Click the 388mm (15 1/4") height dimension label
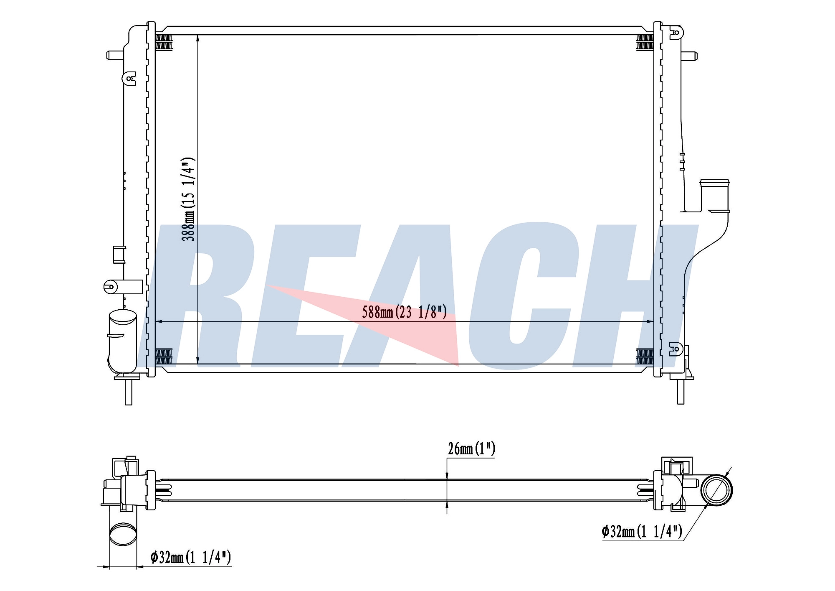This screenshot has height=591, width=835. (188, 199)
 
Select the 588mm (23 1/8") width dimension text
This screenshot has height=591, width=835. (404, 312)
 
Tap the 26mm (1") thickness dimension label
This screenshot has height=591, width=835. (471, 449)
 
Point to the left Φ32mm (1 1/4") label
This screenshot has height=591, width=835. (190, 557)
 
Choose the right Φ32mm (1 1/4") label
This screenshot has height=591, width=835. (642, 531)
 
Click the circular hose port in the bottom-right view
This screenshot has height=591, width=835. (716, 490)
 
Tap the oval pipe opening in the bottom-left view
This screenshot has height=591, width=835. (123, 535)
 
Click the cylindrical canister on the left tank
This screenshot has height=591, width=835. (122, 341)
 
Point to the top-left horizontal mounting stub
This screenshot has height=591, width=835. (115, 55)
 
